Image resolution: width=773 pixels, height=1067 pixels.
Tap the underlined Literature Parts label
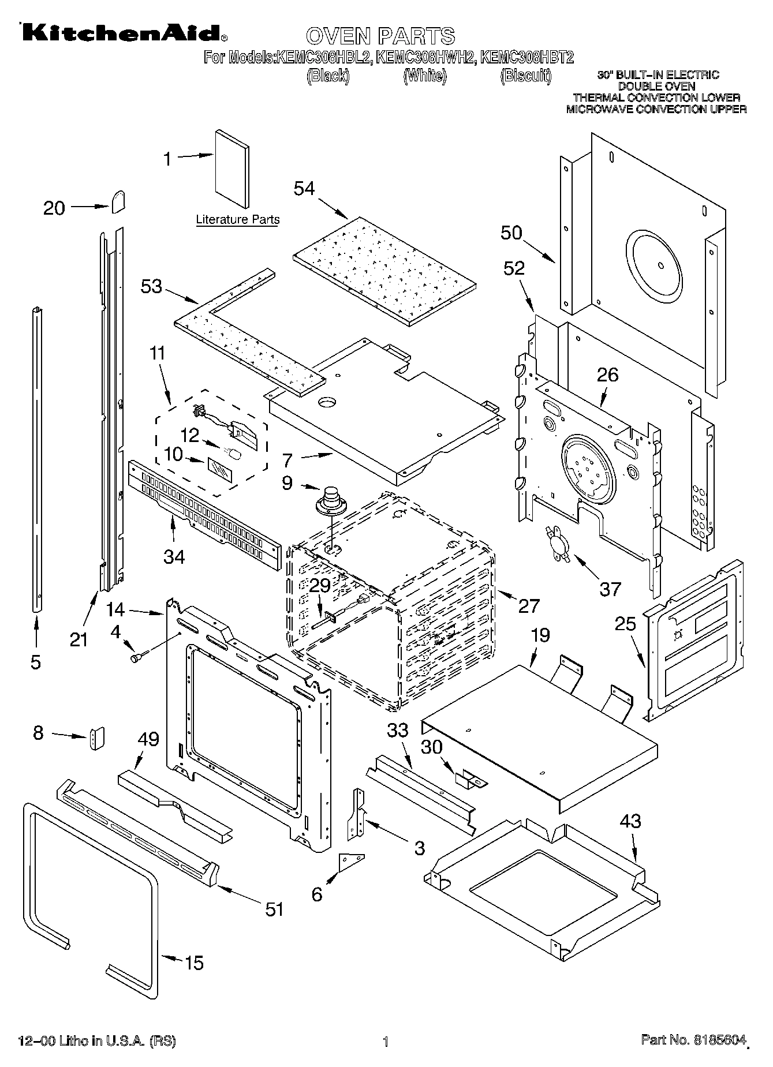238,220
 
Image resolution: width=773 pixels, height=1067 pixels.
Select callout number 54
304,188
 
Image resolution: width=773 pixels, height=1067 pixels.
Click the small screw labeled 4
139,656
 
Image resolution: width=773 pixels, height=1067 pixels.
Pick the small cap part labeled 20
118,201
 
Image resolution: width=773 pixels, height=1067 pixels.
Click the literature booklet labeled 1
233,169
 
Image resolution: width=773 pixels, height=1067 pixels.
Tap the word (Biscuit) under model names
525,76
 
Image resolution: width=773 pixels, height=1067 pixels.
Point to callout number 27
528,605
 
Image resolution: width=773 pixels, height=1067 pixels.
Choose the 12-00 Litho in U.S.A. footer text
97,1041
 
